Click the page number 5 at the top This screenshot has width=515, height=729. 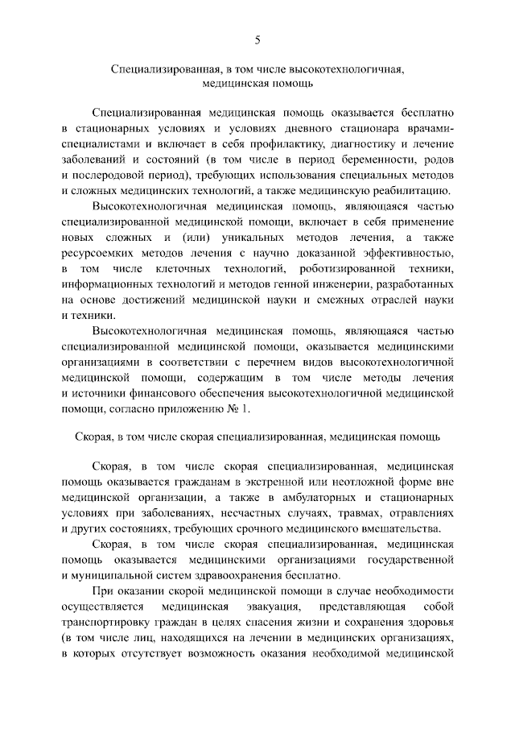pos(257,39)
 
